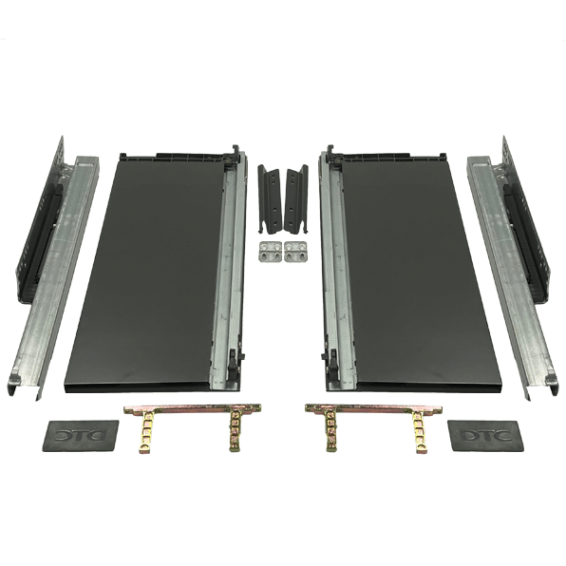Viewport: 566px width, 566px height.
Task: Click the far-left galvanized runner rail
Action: [x=54, y=278]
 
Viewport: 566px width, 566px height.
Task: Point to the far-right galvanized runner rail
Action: [x=513, y=278]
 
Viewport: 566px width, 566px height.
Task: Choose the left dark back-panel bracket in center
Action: [x=270, y=199]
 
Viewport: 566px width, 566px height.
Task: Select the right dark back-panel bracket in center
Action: [x=296, y=199]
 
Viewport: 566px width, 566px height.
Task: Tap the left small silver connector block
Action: [x=271, y=252]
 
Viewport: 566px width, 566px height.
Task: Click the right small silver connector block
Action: [x=295, y=252]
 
